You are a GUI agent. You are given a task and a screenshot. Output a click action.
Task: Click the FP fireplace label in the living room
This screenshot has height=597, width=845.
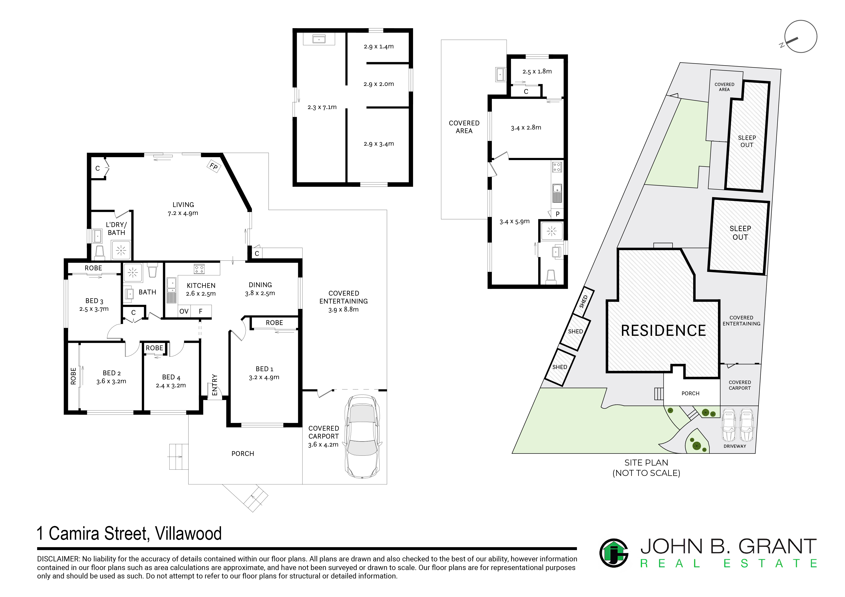tap(213, 166)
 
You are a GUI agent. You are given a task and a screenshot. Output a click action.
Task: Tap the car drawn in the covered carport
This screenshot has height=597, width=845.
tap(363, 437)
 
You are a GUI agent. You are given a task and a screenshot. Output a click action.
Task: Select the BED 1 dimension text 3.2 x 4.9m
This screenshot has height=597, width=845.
tap(264, 377)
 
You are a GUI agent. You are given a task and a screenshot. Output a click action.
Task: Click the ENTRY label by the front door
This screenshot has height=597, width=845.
tap(215, 385)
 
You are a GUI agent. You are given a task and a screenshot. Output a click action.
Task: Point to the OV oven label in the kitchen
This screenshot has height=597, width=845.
tap(184, 311)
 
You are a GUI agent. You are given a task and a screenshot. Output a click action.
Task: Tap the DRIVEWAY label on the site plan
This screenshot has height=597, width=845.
tap(735, 446)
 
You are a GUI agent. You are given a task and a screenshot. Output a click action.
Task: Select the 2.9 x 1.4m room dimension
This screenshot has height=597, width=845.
tap(379, 46)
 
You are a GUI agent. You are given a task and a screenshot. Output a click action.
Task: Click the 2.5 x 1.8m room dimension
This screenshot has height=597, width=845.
tap(537, 71)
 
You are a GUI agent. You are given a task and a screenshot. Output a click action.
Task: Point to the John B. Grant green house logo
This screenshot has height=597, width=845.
tap(614, 553)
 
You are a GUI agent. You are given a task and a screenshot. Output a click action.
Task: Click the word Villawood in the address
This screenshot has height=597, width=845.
tap(188, 533)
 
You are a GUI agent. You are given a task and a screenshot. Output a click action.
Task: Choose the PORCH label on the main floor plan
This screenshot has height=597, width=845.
tap(243, 454)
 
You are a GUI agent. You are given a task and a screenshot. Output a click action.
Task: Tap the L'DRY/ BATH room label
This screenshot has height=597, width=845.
tap(116, 228)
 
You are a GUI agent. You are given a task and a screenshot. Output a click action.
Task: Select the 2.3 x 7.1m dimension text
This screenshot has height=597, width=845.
tap(322, 107)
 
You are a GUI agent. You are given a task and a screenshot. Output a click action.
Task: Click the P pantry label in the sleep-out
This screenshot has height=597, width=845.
tap(558, 214)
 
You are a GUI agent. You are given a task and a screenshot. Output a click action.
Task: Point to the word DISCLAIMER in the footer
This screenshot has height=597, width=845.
tap(58, 559)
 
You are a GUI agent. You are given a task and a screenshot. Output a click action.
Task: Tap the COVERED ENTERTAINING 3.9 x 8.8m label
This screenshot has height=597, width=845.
tap(343, 301)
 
